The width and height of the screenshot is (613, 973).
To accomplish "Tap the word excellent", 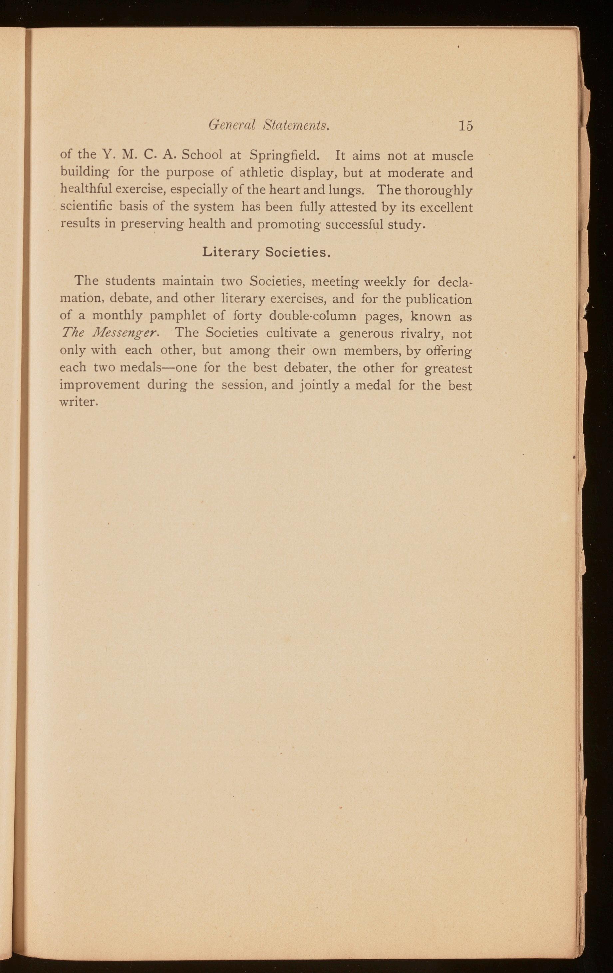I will (x=446, y=207).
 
